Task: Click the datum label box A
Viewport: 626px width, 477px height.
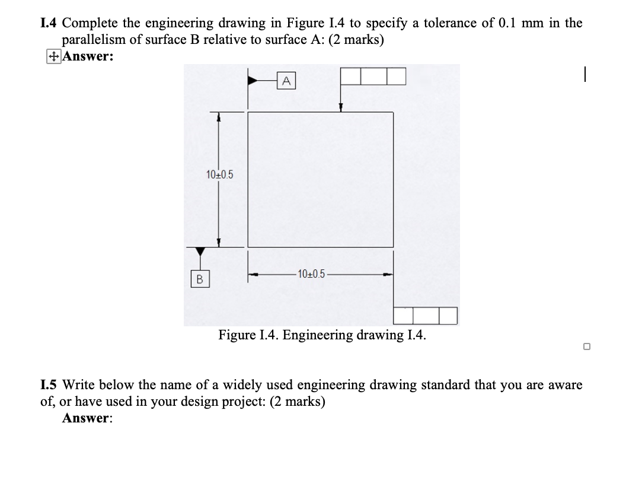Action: (286, 79)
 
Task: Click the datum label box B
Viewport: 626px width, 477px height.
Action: (199, 277)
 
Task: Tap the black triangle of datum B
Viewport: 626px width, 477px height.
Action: (199, 253)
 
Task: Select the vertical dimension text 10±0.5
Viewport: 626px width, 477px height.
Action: (220, 174)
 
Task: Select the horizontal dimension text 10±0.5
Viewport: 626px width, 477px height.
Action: (311, 274)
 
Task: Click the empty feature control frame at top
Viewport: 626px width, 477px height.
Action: (373, 76)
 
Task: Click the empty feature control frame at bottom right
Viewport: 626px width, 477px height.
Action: (426, 316)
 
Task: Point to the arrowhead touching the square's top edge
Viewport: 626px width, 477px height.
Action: (340, 108)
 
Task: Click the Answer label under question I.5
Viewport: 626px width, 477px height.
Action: (87, 418)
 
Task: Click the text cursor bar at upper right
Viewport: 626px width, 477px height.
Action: (585, 75)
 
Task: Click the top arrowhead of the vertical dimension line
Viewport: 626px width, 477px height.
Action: (219, 118)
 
